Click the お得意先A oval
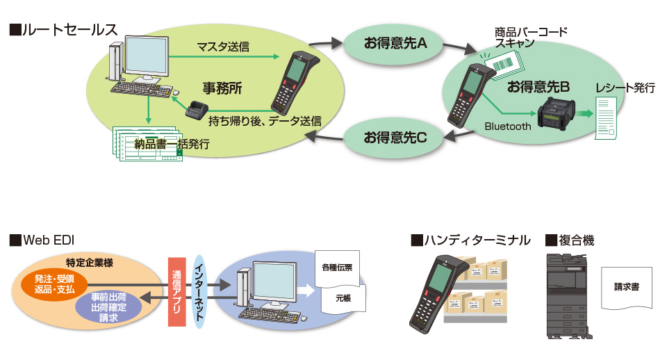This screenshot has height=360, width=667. coord(395,44)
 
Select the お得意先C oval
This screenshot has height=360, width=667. coord(395,137)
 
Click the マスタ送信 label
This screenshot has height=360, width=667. coord(223,47)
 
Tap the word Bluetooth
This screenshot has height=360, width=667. coord(508,126)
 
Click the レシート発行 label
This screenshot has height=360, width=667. coord(625,88)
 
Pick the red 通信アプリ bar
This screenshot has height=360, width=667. coord(177,292)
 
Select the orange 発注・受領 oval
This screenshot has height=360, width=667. coord(54,284)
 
